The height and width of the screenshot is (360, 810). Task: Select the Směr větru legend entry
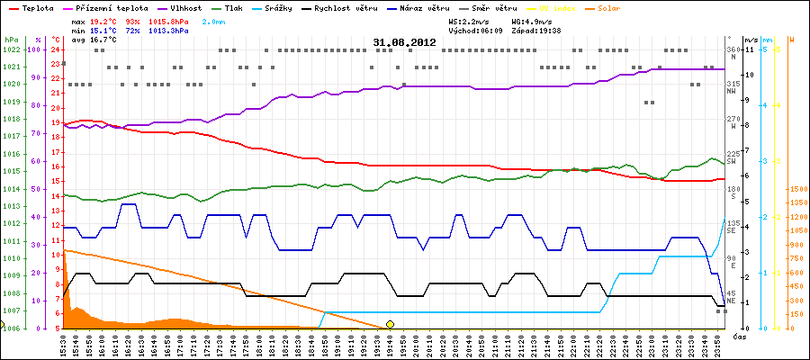639,7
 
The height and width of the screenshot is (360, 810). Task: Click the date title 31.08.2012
404,42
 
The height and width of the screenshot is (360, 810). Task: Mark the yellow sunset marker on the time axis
390,324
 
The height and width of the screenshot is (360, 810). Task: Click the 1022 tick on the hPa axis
11,49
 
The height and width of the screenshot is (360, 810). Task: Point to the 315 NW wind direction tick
732,87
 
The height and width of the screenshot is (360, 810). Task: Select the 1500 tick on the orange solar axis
796,189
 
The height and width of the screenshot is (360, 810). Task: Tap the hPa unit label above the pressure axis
11,40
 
